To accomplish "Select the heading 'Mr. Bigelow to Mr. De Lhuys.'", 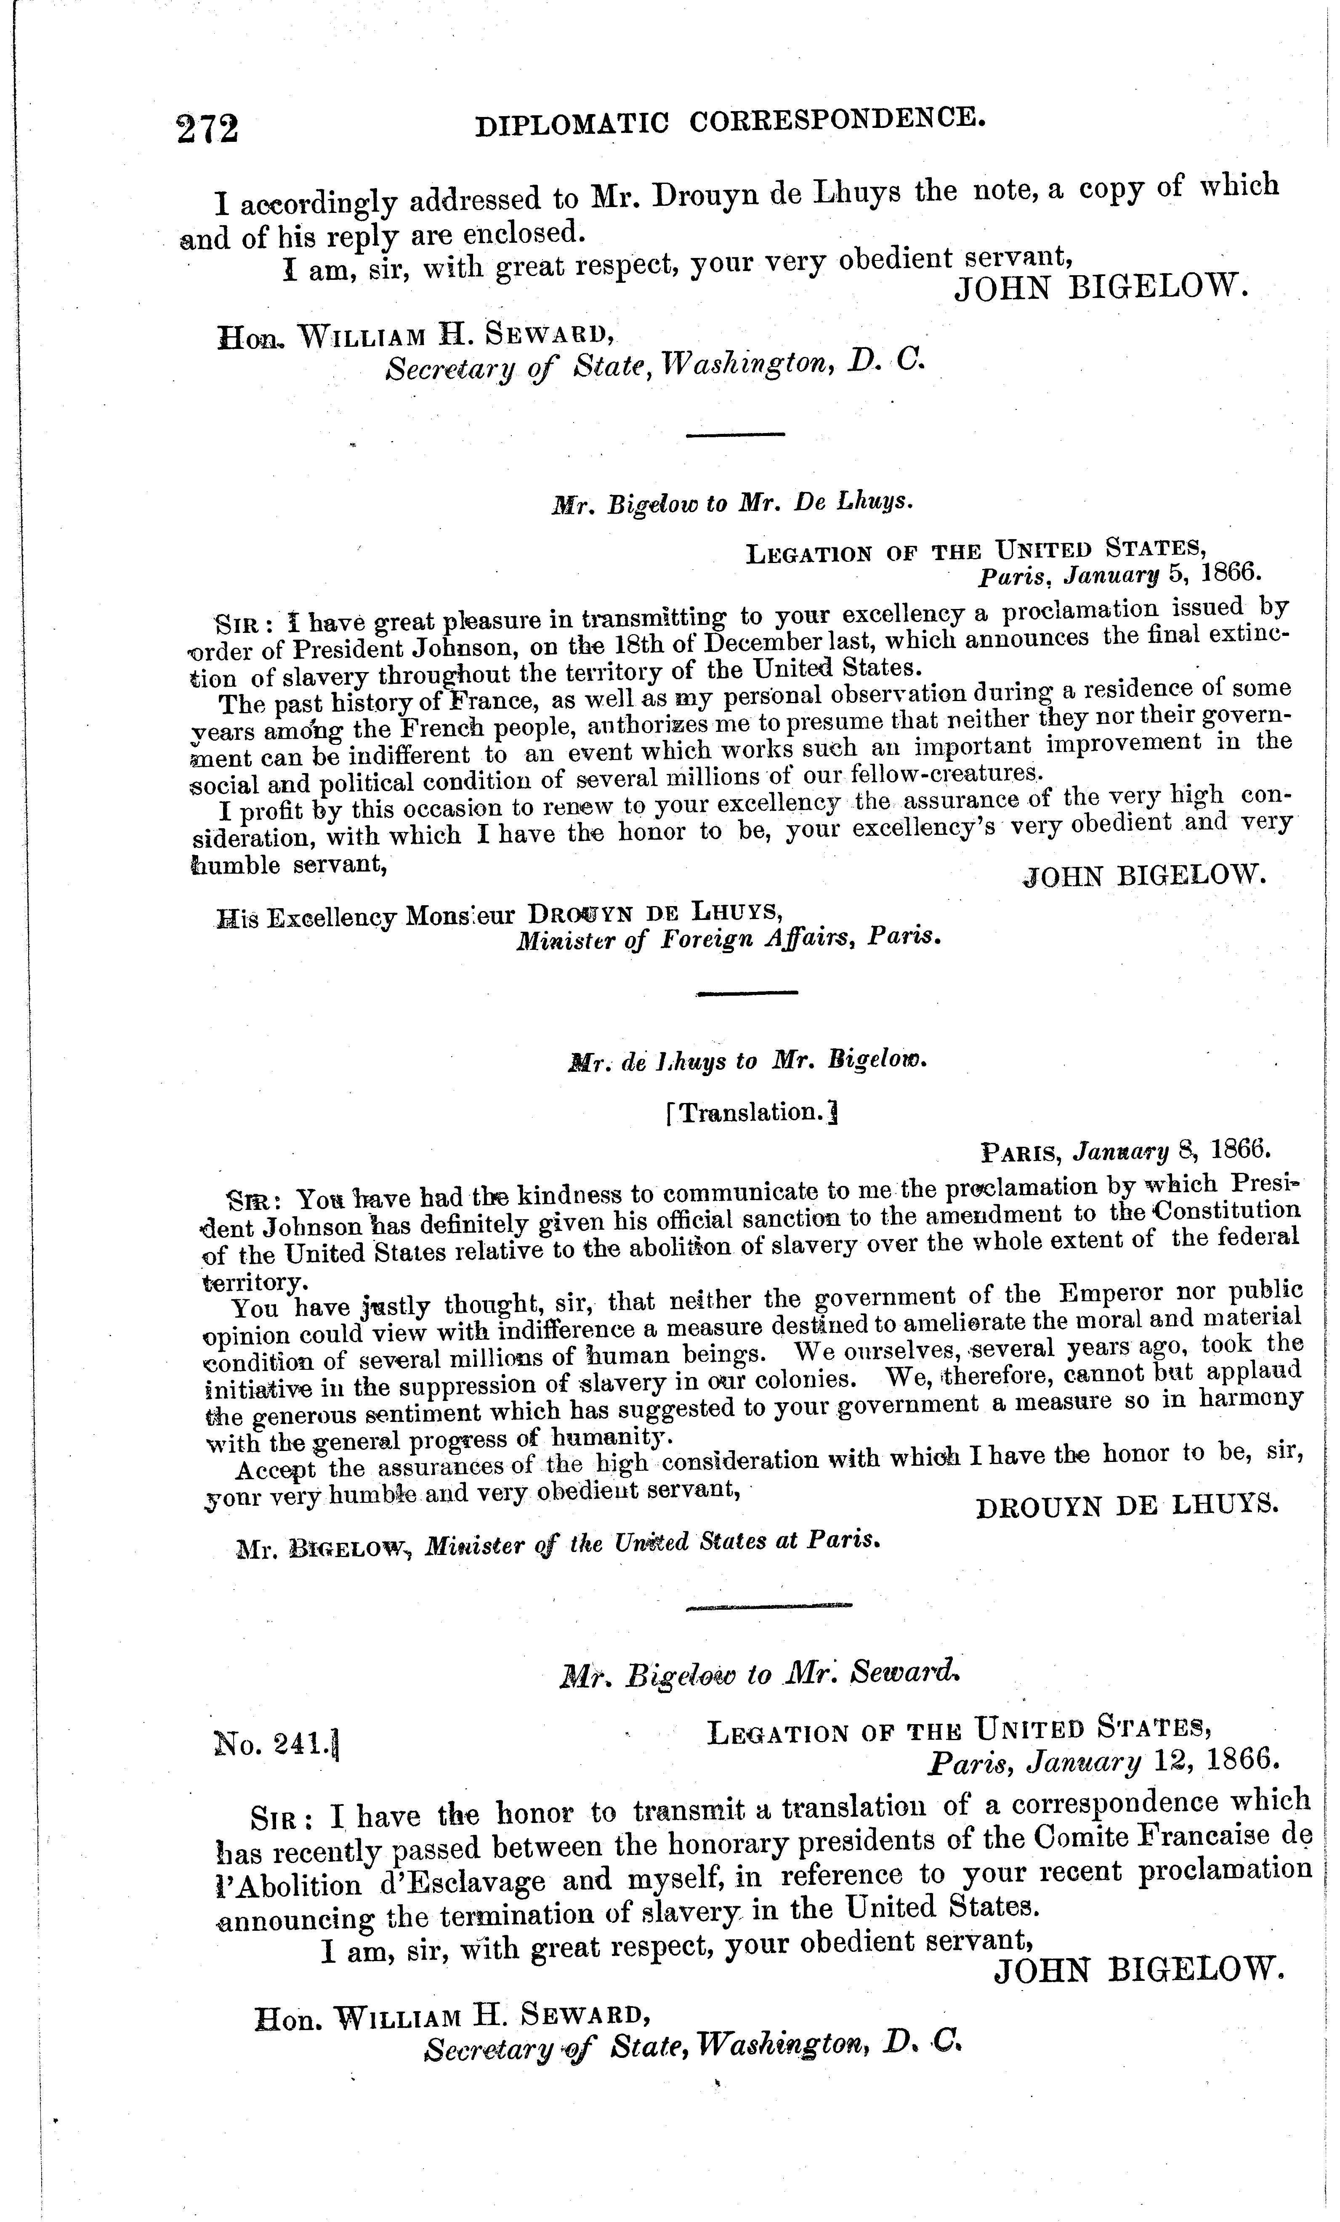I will pyautogui.click(x=732, y=502).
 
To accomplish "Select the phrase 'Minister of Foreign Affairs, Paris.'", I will pyautogui.click(x=728, y=938).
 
